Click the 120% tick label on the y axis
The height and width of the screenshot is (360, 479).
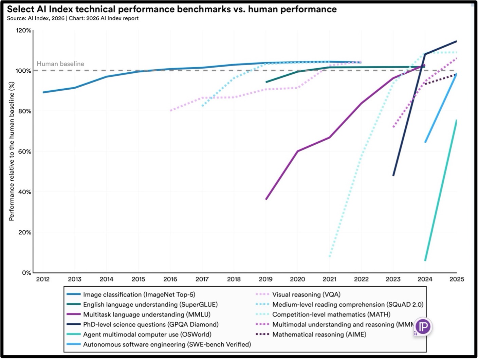coord(23,30)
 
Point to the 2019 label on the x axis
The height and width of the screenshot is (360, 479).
coord(265,279)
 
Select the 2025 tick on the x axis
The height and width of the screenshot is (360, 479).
coord(457,279)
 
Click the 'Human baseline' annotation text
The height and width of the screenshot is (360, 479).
coord(60,64)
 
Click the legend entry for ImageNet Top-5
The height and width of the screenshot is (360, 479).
coord(131,294)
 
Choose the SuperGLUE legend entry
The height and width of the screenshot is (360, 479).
coord(142,305)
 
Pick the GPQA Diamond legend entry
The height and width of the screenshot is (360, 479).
coord(143,324)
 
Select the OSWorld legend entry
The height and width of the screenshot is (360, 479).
coord(139,335)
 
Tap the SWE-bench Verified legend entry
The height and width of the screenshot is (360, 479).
coord(159,344)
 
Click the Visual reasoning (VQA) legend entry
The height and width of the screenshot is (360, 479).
coord(298,294)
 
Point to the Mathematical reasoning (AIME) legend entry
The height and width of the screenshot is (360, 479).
coord(311,335)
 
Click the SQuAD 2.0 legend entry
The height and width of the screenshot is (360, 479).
coord(339,305)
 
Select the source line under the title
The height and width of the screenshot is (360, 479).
coord(73,18)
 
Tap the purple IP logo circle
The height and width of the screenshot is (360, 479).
coord(424,327)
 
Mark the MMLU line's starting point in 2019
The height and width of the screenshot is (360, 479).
coord(266,199)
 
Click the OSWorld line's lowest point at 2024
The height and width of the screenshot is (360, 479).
coord(425,260)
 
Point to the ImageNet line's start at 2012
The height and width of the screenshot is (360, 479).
coord(43,92)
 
